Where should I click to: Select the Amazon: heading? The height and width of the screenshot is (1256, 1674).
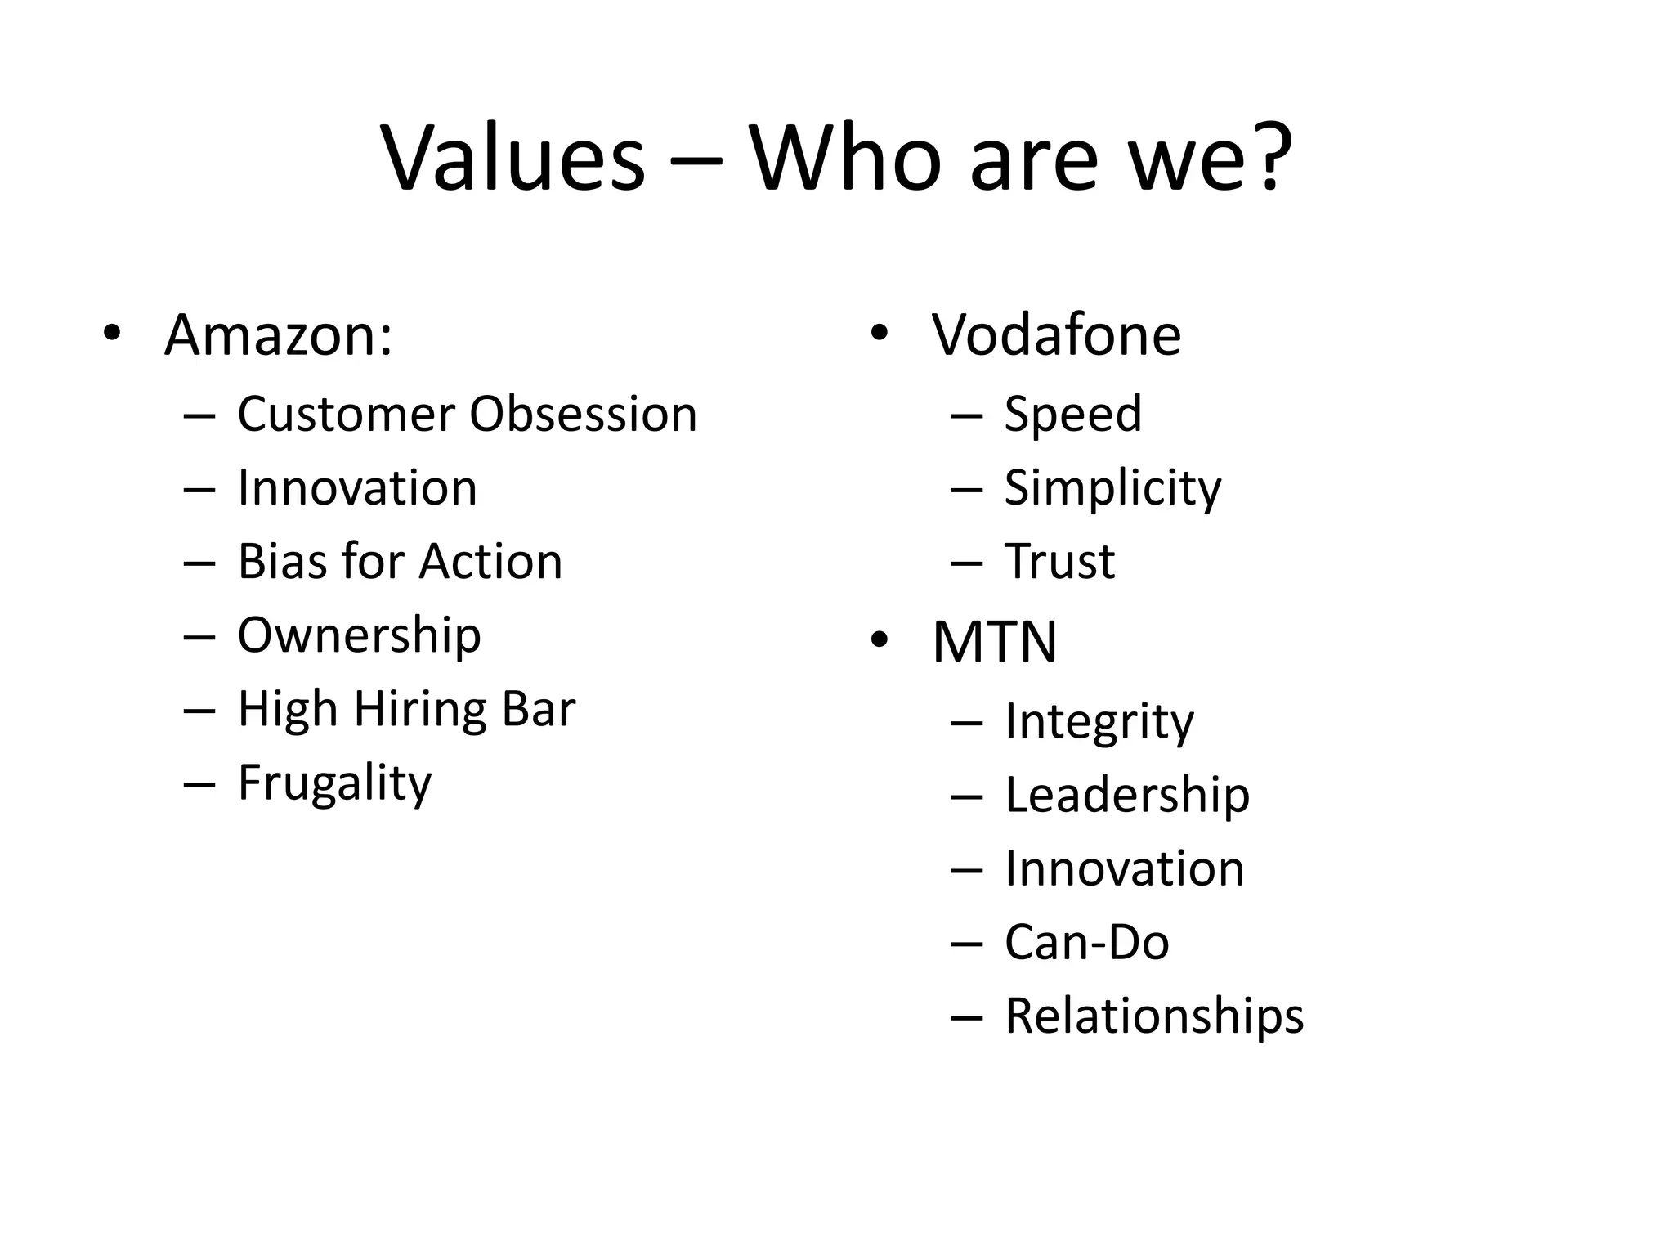point(278,334)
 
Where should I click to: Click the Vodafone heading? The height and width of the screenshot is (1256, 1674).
point(1056,334)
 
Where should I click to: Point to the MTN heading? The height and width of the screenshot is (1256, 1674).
point(994,642)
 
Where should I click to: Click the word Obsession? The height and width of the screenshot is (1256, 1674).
point(583,414)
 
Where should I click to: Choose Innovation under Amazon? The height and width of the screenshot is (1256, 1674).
point(357,488)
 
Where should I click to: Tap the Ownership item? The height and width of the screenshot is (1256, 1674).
point(359,635)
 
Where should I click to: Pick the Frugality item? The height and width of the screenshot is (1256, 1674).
point(334,783)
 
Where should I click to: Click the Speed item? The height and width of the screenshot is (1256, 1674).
point(1072,414)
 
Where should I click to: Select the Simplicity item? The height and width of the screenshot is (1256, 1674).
point(1112,488)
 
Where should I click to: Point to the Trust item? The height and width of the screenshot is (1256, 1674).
point(1059,562)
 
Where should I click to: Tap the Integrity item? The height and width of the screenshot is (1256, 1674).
point(1099,722)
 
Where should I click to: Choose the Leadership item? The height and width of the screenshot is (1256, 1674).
point(1127,795)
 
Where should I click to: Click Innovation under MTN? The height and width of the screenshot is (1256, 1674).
point(1125,868)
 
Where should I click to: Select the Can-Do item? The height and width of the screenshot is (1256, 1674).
point(1087,942)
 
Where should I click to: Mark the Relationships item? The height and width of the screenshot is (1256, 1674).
point(1154,1016)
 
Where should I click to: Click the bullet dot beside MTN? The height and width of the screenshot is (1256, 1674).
point(879,641)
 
